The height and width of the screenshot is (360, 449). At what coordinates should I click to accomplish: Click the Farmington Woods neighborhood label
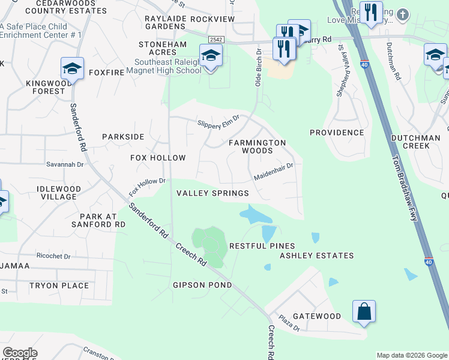pyautogui.click(x=257, y=147)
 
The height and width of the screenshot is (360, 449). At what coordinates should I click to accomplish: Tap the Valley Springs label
pyautogui.click(x=212, y=193)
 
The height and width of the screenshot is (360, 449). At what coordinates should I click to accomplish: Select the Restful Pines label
pyautogui.click(x=262, y=246)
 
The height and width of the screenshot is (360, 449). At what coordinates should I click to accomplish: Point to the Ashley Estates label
pyautogui.click(x=317, y=256)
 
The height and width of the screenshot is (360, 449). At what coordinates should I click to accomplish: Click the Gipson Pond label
pyautogui.click(x=202, y=285)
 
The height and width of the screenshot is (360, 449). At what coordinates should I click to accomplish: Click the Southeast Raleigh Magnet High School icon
pyautogui.click(x=211, y=56)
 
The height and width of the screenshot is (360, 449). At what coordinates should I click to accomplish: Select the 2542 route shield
pyautogui.click(x=216, y=39)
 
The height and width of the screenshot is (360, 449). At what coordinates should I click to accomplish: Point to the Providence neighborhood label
pyautogui.click(x=337, y=133)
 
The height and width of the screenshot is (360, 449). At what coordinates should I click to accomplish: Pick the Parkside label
pyautogui.click(x=123, y=137)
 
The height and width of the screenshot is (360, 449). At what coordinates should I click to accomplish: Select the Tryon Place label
pyautogui.click(x=59, y=286)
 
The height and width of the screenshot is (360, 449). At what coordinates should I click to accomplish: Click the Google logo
pyautogui.click(x=20, y=353)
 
